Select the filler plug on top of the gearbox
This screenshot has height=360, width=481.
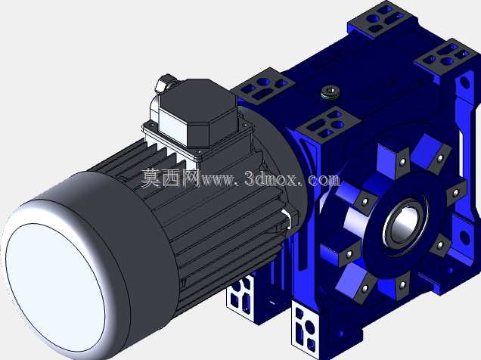click(330, 92)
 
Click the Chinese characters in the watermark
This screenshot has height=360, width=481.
click(170, 178)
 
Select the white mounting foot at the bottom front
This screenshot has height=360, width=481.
click(305, 326)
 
